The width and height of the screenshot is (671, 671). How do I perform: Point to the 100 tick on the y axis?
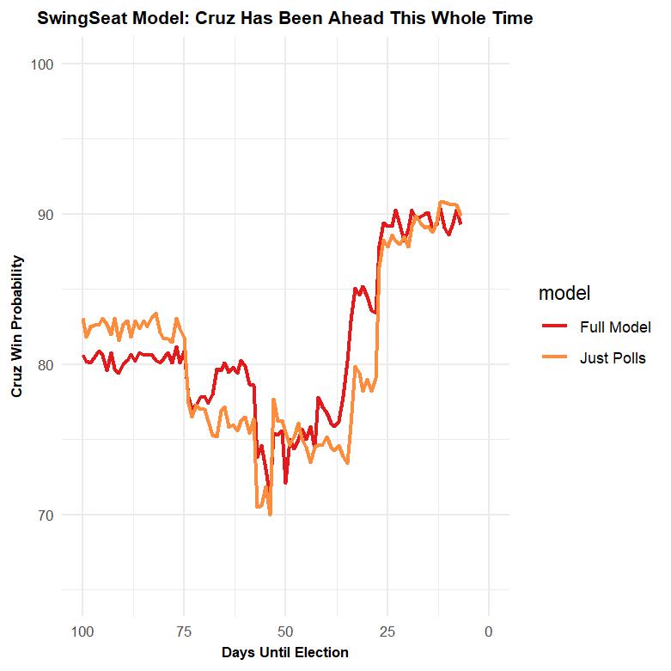41,64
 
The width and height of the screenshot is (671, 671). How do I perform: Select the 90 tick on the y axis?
45,214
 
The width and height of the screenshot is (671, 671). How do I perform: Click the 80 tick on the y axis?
45,364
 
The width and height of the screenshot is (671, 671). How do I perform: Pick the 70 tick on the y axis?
45,515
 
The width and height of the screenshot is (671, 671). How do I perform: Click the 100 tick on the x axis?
83,632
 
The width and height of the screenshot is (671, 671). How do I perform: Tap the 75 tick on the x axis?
185,632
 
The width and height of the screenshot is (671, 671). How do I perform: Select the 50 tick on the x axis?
286,632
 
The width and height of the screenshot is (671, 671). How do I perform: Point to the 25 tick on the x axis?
387,632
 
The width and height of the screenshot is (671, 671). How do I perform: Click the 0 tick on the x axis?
489,632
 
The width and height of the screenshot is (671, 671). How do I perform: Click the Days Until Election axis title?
285,653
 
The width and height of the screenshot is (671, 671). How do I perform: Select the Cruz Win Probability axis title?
17,326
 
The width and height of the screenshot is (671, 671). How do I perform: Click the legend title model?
564,294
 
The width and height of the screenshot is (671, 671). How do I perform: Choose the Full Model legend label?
615,327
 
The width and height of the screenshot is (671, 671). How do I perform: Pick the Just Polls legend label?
613,358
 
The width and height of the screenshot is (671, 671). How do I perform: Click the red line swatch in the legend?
553,327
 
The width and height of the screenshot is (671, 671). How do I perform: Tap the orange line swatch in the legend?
553,358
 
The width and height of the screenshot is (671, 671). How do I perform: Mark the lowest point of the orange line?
270,514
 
